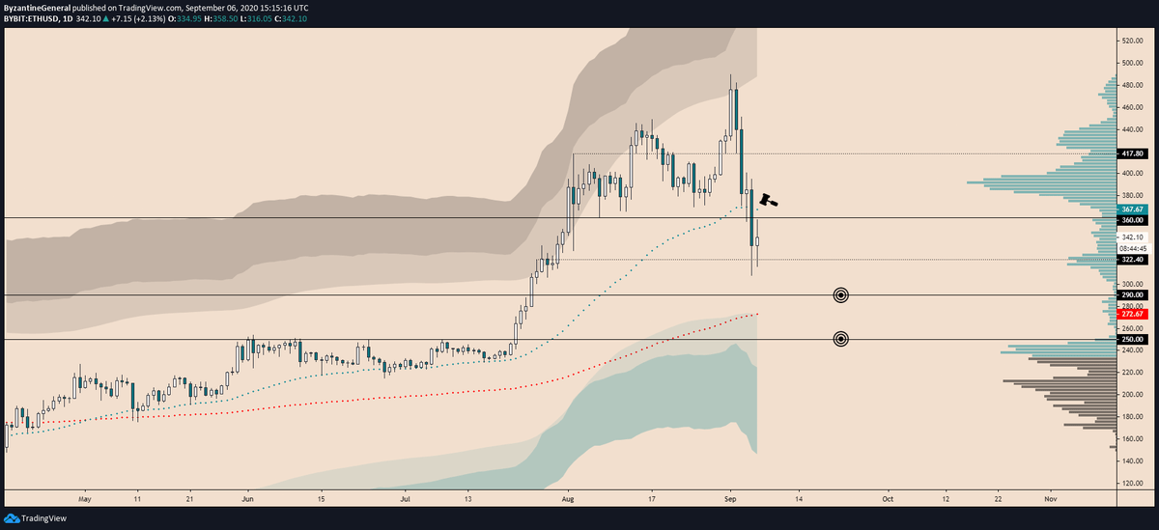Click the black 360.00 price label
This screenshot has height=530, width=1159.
1131,220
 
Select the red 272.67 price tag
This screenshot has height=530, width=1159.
1131,314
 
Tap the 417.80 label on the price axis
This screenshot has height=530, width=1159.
1131,153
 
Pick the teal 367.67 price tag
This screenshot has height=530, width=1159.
1131,209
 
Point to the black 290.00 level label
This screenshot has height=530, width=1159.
1131,294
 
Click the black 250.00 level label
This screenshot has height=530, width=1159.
1131,340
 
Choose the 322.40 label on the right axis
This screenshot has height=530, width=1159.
1131,259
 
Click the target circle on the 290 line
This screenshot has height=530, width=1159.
840,294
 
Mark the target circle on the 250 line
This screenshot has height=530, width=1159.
840,339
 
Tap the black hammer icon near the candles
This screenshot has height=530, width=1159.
768,200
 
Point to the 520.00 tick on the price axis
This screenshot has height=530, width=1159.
1131,42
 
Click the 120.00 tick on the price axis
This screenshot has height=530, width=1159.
1131,484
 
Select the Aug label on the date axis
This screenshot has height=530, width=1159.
568,500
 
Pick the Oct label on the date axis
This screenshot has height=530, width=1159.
887,500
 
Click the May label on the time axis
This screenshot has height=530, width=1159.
84,500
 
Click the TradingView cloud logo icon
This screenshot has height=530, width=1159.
12,518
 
